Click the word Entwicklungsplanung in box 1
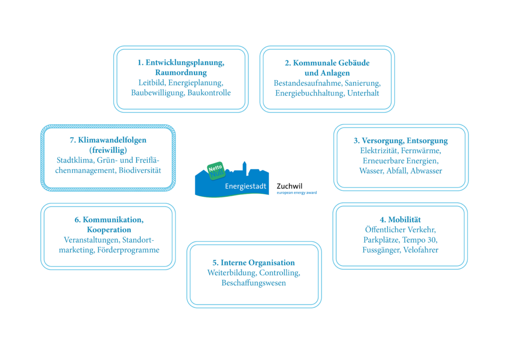[185, 63]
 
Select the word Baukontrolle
[209, 93]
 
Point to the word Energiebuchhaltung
[310, 93]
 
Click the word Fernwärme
[421, 151]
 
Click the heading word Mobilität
[405, 220]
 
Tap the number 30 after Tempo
[432, 240]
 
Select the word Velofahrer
[421, 250]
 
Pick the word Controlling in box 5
[279, 273]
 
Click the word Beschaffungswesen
[254, 283]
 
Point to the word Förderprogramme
[128, 250]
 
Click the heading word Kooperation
[109, 230]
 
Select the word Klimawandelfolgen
[112, 140]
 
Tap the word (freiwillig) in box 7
[108, 150]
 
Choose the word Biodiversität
[140, 171]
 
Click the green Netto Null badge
[216, 171]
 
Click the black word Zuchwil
[289, 186]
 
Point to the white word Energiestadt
[246, 186]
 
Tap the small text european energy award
[297, 193]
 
